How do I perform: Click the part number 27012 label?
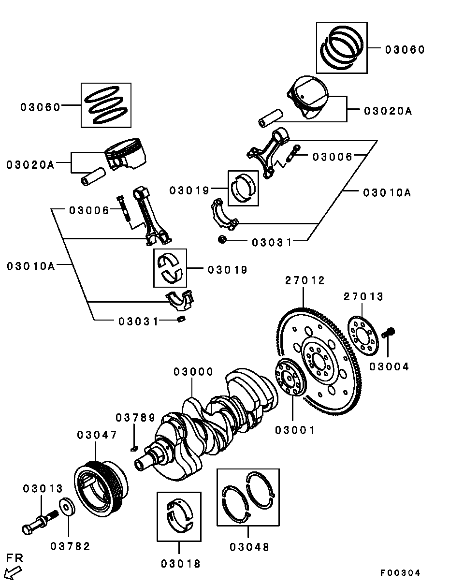[x=304, y=280]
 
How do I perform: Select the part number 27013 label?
[x=363, y=297]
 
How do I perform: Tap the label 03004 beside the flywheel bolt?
[x=389, y=367]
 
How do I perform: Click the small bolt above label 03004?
[x=388, y=333]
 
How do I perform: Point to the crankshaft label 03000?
[x=193, y=372]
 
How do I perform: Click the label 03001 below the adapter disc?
[x=295, y=430]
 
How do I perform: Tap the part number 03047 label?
[x=97, y=435]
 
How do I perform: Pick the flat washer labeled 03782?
[x=67, y=507]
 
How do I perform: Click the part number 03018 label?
[x=181, y=563]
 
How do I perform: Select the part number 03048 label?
[x=249, y=547]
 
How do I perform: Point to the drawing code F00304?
[x=400, y=573]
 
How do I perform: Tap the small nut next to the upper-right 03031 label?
[x=222, y=239]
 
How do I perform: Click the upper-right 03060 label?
[x=405, y=49]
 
